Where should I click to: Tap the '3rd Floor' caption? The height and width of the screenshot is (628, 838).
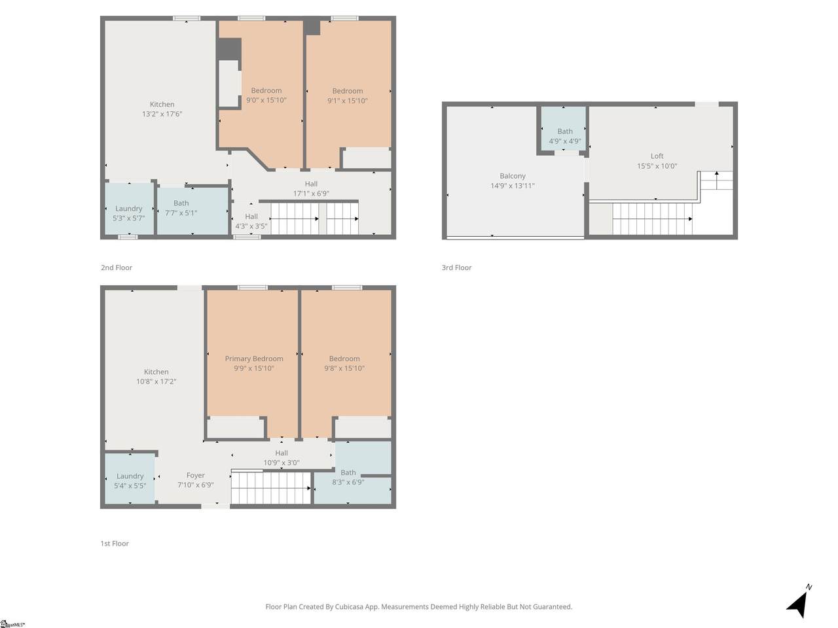[456, 268]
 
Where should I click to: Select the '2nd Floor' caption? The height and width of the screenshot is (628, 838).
[117, 268]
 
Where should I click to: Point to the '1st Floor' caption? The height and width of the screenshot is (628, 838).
[115, 544]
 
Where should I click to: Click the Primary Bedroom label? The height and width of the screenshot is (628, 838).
[254, 358]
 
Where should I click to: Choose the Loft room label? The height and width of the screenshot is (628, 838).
[657, 156]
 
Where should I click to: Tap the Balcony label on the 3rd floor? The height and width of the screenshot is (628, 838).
[513, 176]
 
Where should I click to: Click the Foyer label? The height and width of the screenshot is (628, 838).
[196, 475]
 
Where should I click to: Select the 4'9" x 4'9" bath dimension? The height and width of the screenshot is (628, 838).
[565, 141]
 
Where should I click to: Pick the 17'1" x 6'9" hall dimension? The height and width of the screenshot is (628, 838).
[311, 194]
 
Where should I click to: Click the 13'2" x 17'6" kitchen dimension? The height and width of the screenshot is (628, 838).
[162, 114]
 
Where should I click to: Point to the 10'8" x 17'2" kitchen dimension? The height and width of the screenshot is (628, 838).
[156, 381]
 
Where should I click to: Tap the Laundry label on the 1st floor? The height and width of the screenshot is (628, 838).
[130, 476]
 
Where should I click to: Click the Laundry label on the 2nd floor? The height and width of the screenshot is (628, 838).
[129, 209]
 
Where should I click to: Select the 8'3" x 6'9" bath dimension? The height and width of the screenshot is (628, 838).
[348, 482]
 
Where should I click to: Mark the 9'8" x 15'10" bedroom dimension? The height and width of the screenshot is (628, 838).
[344, 368]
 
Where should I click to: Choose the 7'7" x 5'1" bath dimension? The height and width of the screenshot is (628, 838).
[181, 213]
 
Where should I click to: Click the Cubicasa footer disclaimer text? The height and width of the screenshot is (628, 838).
[419, 606]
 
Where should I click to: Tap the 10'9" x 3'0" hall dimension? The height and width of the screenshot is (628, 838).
[282, 462]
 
